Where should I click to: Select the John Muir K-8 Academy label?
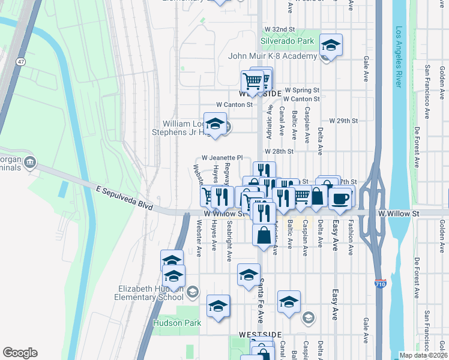point(273,56)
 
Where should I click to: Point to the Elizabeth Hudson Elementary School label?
point(151,292)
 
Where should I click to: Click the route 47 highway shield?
point(21,62)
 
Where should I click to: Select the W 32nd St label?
point(280,29)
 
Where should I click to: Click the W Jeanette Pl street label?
point(226,158)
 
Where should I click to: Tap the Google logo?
point(20,353)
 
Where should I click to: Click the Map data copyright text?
point(423,355)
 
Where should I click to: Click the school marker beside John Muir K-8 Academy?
point(330,45)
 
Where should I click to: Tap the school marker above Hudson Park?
point(218,306)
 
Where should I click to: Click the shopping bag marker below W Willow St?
point(264,235)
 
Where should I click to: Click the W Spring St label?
point(302,90)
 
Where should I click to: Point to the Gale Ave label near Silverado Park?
point(366,69)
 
